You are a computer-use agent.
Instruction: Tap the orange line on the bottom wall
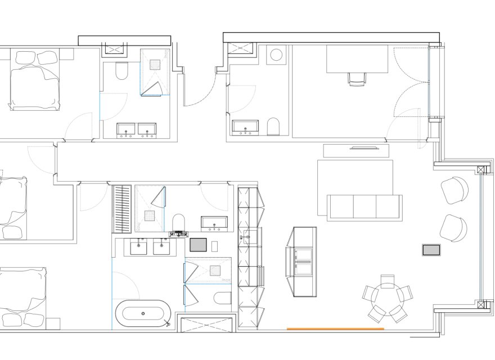(x=335, y=328)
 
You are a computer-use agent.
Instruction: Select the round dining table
(x=387, y=298)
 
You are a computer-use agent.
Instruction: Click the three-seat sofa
(x=365, y=206)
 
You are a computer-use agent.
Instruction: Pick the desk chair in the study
(x=357, y=79)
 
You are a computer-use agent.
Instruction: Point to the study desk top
(x=357, y=59)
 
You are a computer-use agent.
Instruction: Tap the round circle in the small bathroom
(x=276, y=55)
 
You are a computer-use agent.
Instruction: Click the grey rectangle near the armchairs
(x=431, y=250)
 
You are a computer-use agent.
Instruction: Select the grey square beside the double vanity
(x=198, y=245)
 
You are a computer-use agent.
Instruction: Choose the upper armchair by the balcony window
(x=454, y=190)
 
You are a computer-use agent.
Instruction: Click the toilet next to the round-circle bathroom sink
(x=273, y=127)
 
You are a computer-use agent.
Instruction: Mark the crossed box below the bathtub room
(x=206, y=325)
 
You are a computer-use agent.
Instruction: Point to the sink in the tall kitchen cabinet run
(x=247, y=238)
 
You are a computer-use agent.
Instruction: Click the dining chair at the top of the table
(x=388, y=280)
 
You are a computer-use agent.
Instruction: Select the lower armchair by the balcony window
(x=453, y=228)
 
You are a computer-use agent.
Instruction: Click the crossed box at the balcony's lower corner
(x=480, y=305)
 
